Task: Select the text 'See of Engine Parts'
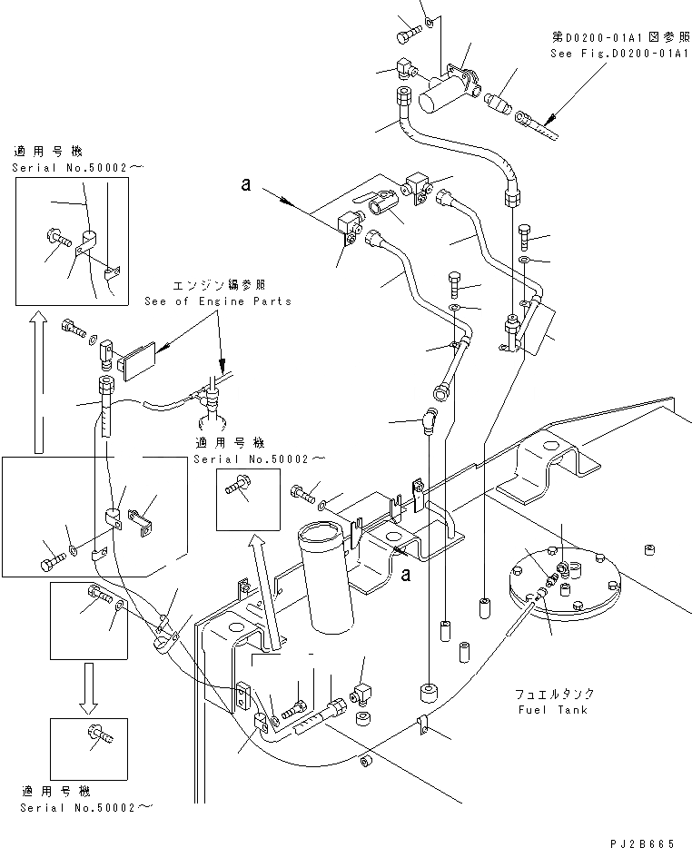[x=218, y=301]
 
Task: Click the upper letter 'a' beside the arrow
[x=245, y=184]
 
